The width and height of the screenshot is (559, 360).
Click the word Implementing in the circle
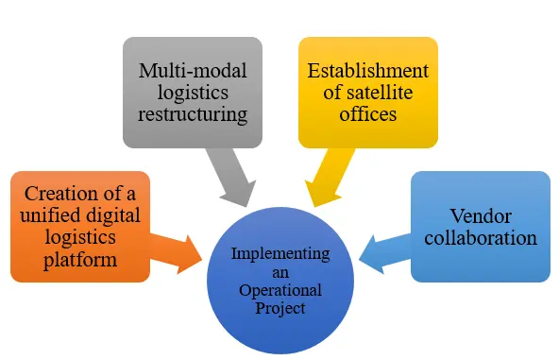tap(280, 254)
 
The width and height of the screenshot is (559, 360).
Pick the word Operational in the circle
tap(280, 290)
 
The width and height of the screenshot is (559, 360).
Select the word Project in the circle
tap(280, 308)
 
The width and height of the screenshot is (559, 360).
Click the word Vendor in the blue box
tap(480, 215)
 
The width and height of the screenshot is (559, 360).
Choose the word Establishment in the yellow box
tap(368, 71)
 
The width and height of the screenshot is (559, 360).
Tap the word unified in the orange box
tap(45, 215)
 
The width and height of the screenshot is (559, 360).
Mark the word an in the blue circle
tap(280, 272)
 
